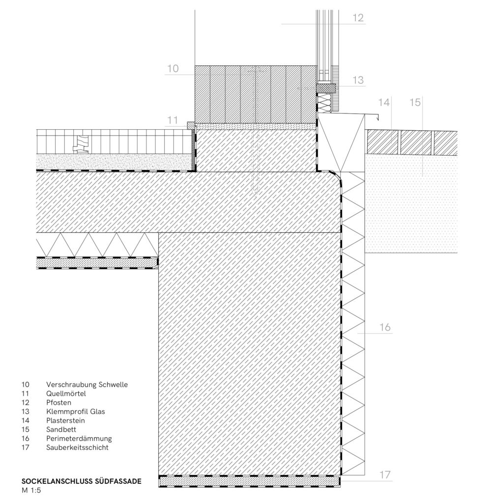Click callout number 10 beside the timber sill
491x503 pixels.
(x=173, y=68)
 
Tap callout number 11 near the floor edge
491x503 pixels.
(x=173, y=120)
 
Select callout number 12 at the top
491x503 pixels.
(x=358, y=18)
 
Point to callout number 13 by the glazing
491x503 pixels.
(x=358, y=80)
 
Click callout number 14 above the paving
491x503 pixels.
(x=383, y=102)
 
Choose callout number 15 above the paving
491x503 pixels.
(x=415, y=102)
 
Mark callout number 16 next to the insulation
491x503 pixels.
(x=385, y=327)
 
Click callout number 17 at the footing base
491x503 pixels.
(x=385, y=475)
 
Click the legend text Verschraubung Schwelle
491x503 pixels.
(x=87, y=385)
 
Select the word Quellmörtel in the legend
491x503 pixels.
(x=66, y=393)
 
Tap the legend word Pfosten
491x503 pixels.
(x=58, y=403)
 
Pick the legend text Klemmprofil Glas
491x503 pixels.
(x=76, y=412)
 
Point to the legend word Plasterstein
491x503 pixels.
(x=65, y=420)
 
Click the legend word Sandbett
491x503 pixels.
(x=61, y=429)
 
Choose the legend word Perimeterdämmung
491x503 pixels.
(x=79, y=439)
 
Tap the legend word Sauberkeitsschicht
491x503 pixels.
(x=77, y=447)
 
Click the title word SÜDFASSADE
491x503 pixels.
(x=118, y=481)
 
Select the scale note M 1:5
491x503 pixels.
(x=31, y=490)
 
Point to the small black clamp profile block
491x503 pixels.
(x=326, y=88)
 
